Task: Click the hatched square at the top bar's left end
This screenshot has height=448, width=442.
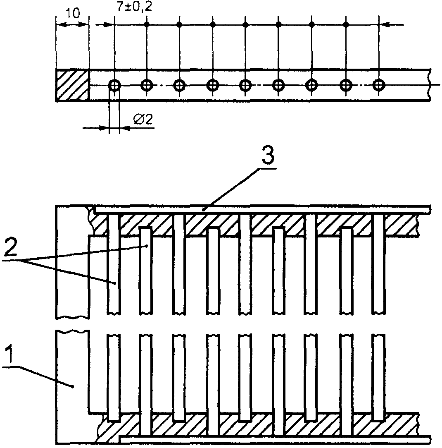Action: (x=72, y=85)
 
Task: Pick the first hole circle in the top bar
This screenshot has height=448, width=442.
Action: (x=114, y=86)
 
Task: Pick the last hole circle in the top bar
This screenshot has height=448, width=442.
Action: (x=378, y=85)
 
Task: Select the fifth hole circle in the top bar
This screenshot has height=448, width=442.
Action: (x=245, y=85)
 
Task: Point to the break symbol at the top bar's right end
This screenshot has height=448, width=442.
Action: (x=430, y=85)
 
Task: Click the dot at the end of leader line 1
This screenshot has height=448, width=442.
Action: (x=73, y=387)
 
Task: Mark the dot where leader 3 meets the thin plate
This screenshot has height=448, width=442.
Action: (x=203, y=210)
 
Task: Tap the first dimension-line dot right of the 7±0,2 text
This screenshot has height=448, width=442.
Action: (x=147, y=25)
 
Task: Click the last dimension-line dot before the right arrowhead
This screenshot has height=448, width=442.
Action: (x=345, y=25)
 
